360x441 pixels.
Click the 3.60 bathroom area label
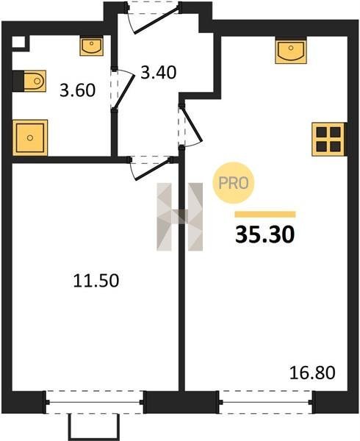pos(78,90)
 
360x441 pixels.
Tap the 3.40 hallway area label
pos(159,72)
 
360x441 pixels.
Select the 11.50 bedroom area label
pos(96,281)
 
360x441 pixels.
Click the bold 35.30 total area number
pos(265,235)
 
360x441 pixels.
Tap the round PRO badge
pos(233,183)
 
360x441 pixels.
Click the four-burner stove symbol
pos(328,139)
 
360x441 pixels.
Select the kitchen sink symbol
pos(291,51)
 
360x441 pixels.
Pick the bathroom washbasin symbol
pos(91,47)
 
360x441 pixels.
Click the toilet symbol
pos(30,81)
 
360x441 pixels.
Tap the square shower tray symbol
pos(30,138)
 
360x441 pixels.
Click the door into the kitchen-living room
pos(190,126)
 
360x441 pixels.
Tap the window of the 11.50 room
pos(95,402)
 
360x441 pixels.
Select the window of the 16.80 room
pos(266,402)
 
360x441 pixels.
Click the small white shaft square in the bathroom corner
pos(18,43)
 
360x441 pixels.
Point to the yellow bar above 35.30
pos(265,215)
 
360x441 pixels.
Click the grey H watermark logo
pos(179,217)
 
